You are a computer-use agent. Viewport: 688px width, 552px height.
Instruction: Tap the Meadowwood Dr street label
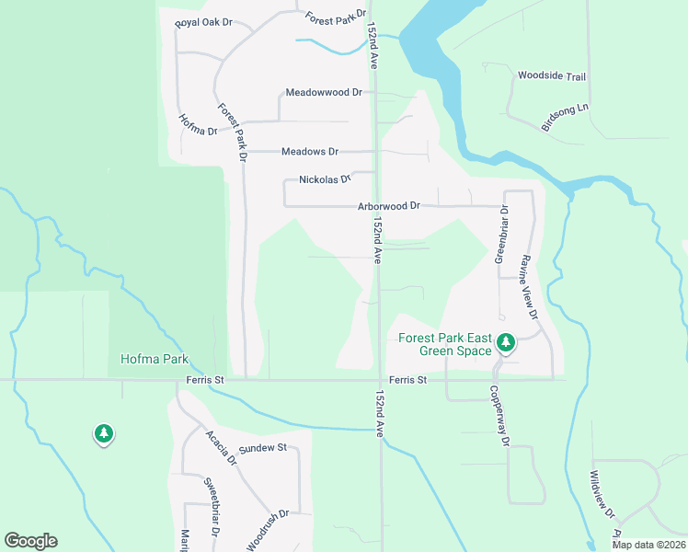click(324, 93)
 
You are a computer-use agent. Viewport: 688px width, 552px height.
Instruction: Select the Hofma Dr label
click(197, 124)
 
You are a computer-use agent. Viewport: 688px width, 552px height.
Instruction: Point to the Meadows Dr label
click(310, 151)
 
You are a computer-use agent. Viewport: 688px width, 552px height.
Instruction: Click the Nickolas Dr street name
click(325, 179)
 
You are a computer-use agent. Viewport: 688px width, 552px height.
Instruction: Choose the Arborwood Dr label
click(388, 206)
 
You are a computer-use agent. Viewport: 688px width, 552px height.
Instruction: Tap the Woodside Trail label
click(552, 76)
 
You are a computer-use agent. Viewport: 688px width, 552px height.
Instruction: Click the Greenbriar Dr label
click(503, 235)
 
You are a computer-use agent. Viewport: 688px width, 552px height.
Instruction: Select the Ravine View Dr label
click(529, 286)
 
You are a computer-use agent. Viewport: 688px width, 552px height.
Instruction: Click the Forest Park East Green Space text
click(446, 344)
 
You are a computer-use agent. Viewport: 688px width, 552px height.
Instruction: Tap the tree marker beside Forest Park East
click(505, 343)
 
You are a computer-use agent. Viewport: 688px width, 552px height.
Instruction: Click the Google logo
click(30, 541)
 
